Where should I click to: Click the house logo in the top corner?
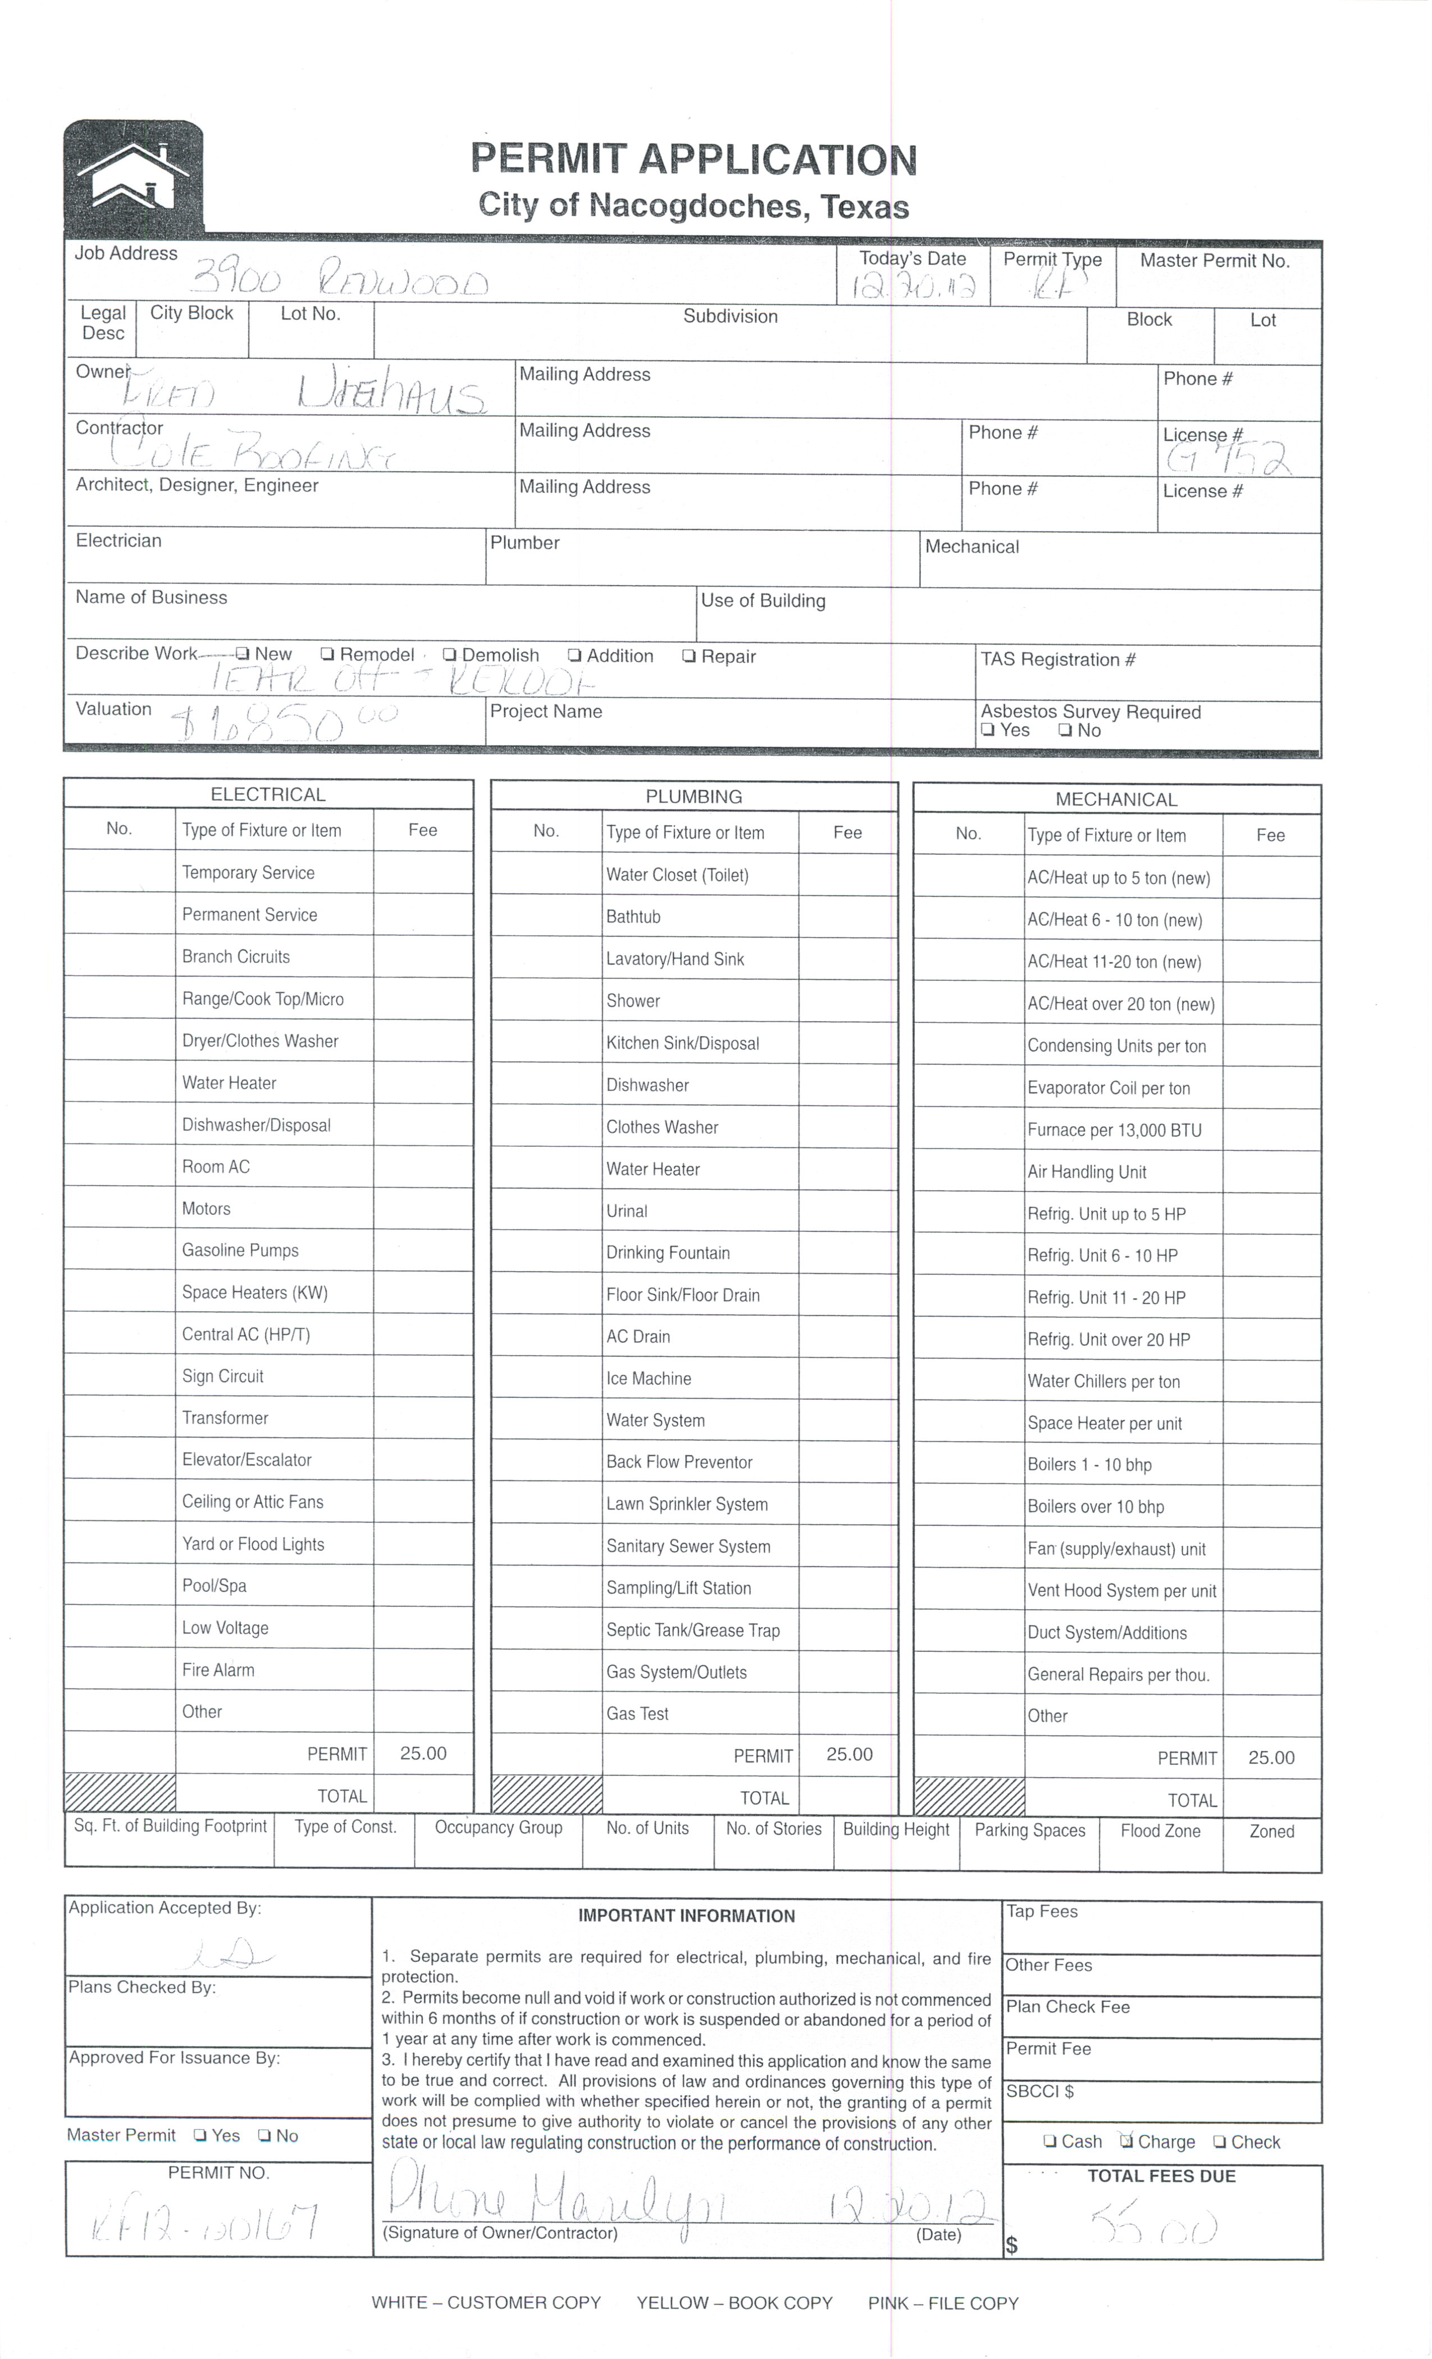coord(133,176)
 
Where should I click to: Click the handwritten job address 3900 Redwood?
coord(340,280)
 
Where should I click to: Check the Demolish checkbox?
coord(449,655)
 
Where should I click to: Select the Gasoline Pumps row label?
coord(240,1250)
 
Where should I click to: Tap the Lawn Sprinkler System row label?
coord(686,1504)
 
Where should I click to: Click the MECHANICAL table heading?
coord(1116,799)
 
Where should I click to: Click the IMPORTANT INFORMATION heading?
coord(686,1916)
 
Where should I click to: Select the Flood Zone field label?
coord(1160,1830)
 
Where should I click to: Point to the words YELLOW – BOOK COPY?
coord(734,2302)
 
